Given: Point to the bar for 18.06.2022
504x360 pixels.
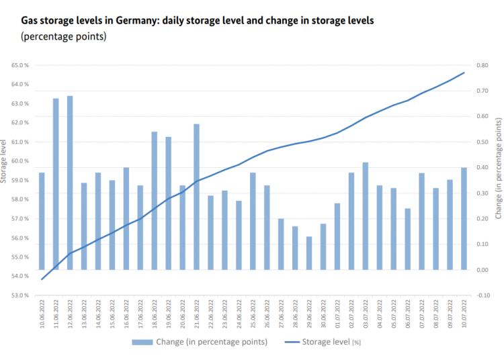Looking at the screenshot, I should (x=154, y=201).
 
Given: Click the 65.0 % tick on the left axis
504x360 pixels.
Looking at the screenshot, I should (x=19, y=65).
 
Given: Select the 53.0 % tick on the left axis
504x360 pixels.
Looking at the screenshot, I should (x=19, y=295).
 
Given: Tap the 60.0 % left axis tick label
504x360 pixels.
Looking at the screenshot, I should (x=19, y=161).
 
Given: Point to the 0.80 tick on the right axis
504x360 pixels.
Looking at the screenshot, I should (x=482, y=65).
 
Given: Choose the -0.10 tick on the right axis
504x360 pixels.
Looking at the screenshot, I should (x=482, y=295).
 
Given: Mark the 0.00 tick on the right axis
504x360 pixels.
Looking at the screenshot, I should (x=482, y=269).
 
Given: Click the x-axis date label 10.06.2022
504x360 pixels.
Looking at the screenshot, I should (x=42, y=314).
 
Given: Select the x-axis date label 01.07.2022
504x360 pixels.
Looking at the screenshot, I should (x=337, y=314).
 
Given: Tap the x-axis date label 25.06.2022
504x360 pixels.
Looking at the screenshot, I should (x=253, y=314).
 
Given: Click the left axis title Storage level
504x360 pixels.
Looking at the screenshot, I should (x=5, y=161).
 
